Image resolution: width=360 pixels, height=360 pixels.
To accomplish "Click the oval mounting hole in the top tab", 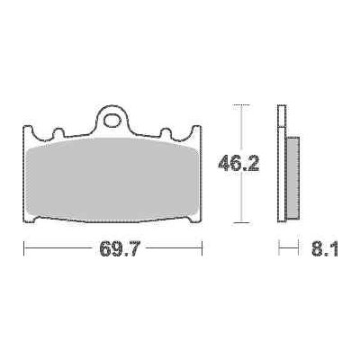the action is [112, 121].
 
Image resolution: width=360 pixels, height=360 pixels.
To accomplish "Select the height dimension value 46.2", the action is [238, 163].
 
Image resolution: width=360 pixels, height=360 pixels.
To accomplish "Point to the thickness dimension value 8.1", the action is [325, 248].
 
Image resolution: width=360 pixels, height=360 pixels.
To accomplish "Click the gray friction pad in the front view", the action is [112, 180].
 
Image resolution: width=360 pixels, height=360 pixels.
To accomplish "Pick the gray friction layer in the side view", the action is [293, 177].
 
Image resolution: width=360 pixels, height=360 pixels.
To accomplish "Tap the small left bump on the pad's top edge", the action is [58, 133].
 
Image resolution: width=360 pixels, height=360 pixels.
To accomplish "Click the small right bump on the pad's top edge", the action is [166, 133].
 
